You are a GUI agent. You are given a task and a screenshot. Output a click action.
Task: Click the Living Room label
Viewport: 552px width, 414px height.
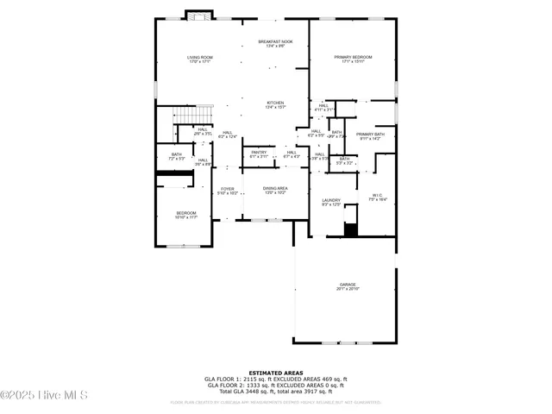coord(200,60)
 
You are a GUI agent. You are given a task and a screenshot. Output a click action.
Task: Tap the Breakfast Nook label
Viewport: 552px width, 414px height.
coord(275,43)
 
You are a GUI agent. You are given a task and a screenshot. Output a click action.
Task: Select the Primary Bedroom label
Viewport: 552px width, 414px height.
coord(353,60)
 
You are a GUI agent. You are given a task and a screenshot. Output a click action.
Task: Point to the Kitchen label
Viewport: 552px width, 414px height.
coord(275,104)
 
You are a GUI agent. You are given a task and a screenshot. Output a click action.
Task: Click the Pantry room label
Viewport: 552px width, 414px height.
coord(259,154)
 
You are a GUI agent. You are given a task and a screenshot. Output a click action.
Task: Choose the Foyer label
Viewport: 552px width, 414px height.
coord(228,191)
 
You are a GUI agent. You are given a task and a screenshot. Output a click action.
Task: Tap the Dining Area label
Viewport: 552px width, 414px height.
coord(275,191)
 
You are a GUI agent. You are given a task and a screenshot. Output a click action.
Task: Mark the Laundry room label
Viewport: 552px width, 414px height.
coord(331,202)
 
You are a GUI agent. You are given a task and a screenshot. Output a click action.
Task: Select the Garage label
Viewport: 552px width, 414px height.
coord(347,286)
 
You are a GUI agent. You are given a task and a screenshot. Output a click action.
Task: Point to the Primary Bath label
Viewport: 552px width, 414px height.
coord(370,136)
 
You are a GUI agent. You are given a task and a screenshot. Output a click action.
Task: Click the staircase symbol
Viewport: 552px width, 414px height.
coord(194,115)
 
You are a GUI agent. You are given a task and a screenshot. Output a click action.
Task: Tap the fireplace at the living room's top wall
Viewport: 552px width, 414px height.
coord(198,15)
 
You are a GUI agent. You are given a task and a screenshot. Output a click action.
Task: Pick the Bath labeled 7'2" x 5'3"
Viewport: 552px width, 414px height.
coord(176,157)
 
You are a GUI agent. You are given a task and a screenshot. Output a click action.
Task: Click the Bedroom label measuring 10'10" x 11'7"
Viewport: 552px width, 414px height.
coord(186,215)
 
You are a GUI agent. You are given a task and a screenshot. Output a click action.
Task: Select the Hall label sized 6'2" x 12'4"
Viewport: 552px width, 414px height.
coord(228,135)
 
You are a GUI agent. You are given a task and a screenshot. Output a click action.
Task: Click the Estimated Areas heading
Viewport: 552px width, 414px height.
coord(275,372)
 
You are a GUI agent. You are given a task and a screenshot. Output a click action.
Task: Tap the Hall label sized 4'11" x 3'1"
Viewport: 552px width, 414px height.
coord(323,108)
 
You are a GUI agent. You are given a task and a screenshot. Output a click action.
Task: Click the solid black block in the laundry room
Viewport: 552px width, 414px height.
coord(350,229)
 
